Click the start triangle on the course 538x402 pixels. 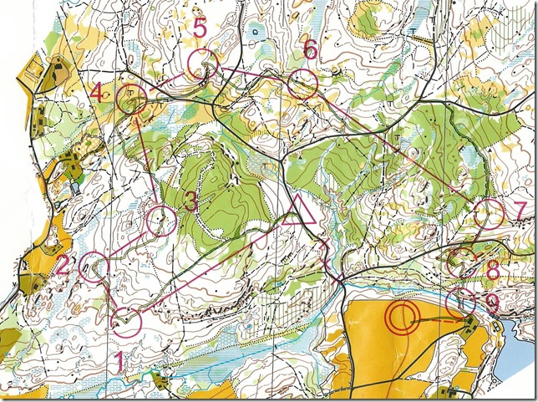tap(297, 211)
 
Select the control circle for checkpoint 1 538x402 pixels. tap(128, 321)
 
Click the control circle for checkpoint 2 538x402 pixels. tap(94, 267)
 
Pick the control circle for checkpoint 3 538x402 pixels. tap(161, 221)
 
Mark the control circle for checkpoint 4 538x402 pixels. tap(133, 99)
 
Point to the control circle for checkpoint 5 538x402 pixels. tap(202, 64)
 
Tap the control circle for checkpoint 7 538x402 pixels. tap(488, 214)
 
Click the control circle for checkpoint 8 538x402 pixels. tap(461, 263)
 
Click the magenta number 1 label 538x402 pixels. tap(119, 362)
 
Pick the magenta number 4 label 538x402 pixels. tap(98, 93)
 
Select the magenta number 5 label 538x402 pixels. tap(199, 28)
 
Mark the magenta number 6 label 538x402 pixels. tap(310, 50)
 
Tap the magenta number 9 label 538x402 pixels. tap(492, 305)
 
